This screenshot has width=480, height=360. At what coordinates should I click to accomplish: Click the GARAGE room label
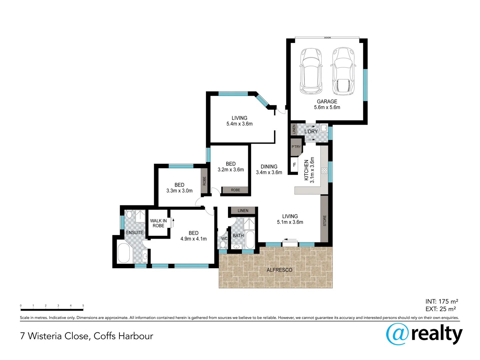[327, 101]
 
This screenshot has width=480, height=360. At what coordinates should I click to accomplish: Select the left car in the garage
[310, 71]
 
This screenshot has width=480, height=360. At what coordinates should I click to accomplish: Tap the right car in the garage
[343, 71]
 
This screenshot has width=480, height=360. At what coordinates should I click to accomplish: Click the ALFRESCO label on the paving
[279, 270]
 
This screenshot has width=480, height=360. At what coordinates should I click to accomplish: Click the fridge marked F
[294, 165]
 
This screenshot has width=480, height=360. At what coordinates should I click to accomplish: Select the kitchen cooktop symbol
[324, 171]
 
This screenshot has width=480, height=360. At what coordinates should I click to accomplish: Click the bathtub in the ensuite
[124, 253]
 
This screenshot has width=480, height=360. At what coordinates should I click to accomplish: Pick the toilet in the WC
[223, 245]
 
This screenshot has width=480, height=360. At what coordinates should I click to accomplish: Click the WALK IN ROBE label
[158, 223]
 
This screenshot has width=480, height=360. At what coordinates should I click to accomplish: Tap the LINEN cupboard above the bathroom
[243, 211]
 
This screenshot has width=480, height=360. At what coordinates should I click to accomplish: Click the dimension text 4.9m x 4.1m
[193, 239]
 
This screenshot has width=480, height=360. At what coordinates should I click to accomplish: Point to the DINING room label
[269, 167]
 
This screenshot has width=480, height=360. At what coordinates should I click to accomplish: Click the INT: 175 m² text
[442, 302]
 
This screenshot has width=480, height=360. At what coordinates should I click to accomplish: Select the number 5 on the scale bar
[83, 305]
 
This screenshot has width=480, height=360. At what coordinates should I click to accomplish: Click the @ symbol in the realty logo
[397, 334]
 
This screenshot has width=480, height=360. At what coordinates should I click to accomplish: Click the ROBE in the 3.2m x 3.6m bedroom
[235, 190]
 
